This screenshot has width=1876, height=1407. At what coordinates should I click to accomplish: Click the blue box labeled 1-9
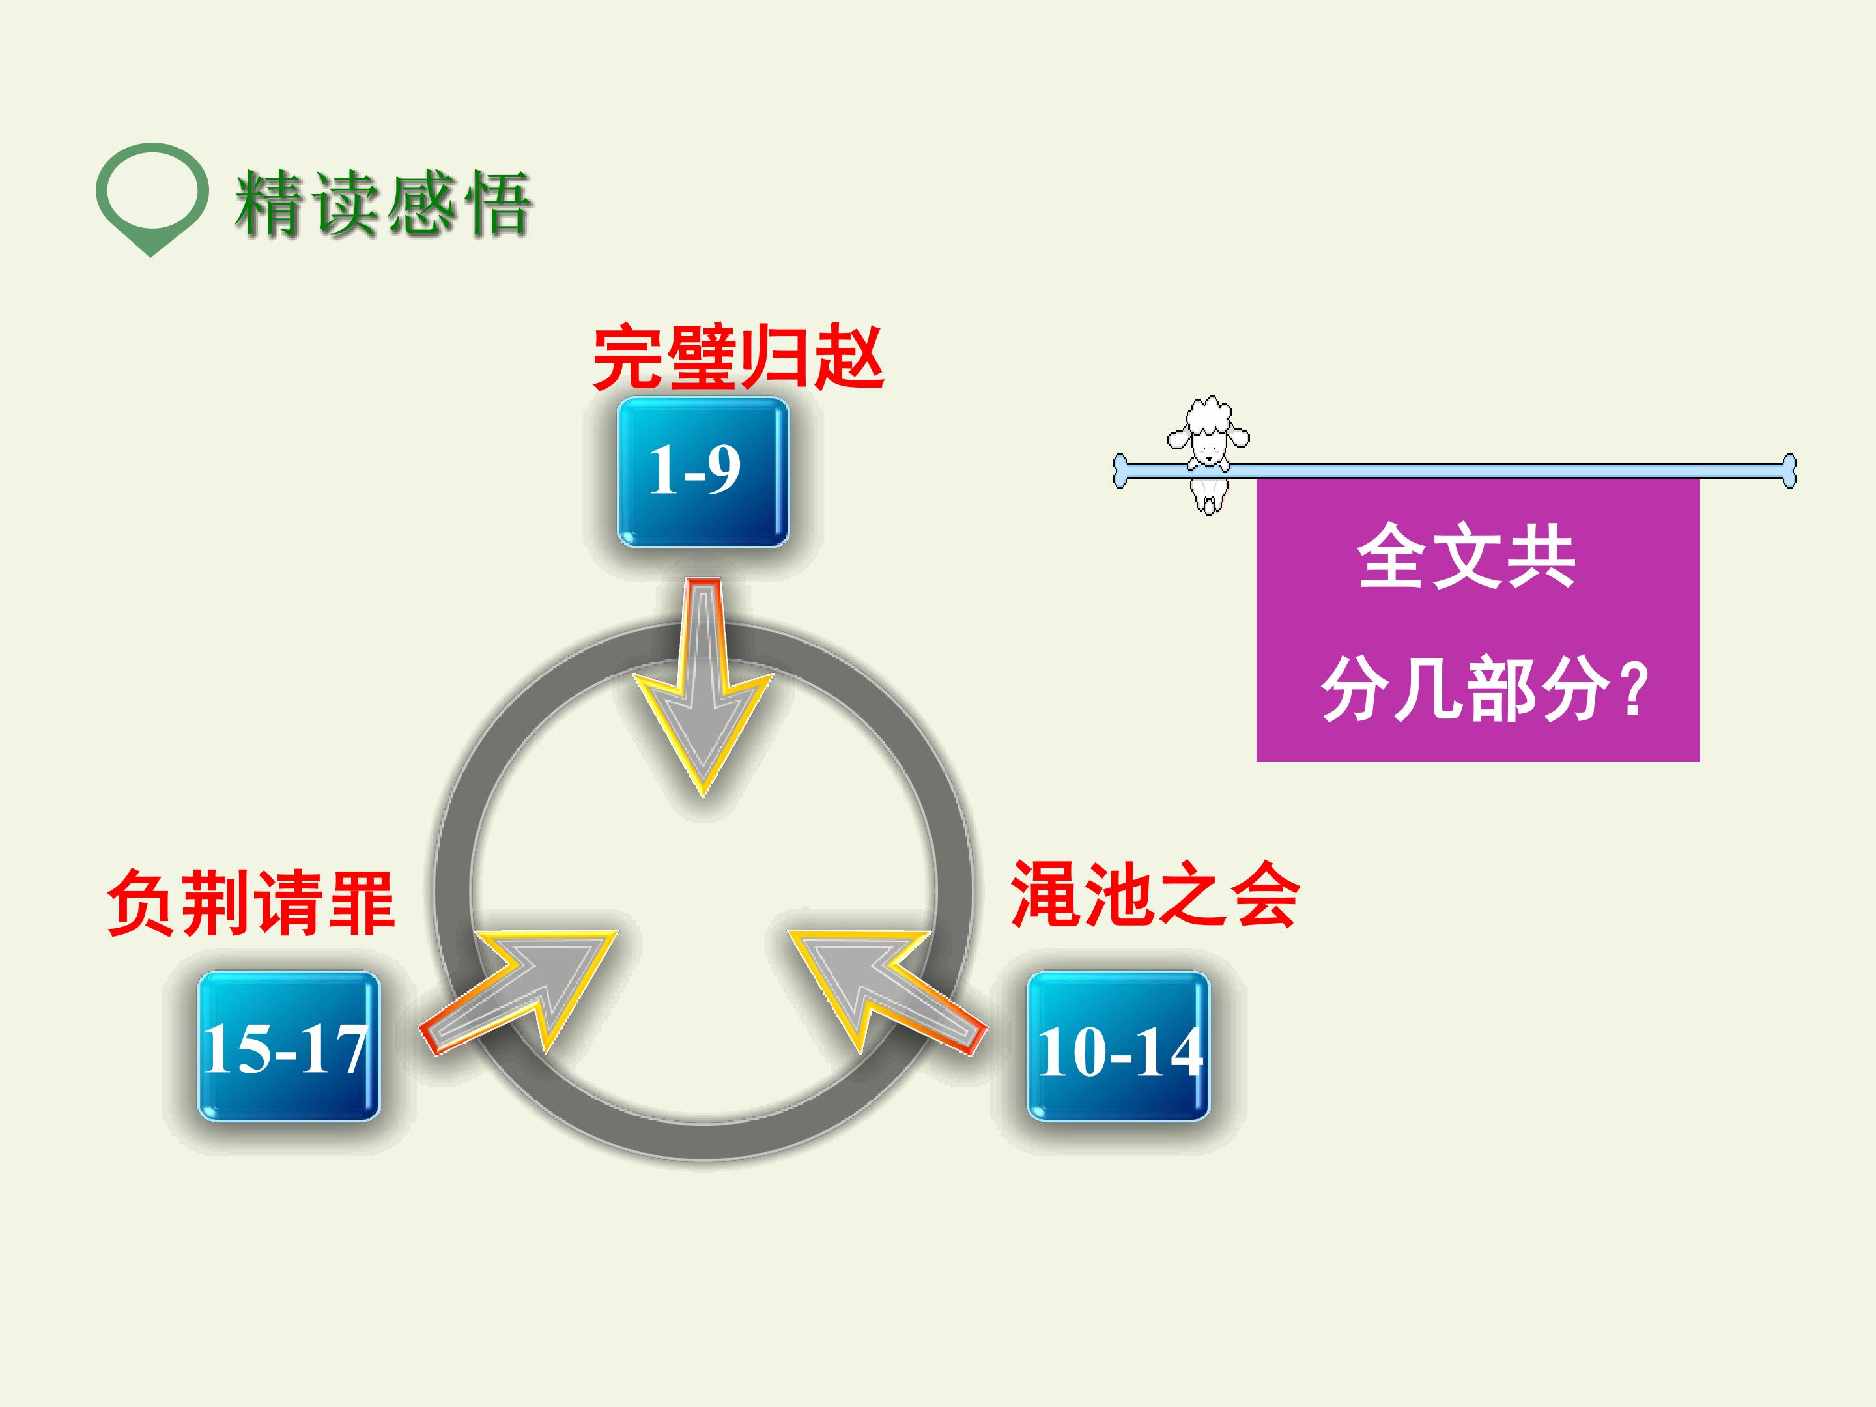tap(702, 472)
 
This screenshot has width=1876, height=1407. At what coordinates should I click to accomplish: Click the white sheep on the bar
tap(1208, 454)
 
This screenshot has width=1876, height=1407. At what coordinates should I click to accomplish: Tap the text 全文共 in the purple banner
tap(1466, 556)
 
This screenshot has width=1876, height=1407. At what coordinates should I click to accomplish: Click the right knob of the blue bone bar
tap(1788, 471)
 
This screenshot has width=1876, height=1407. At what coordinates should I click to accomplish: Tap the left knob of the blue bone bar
tap(1121, 471)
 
